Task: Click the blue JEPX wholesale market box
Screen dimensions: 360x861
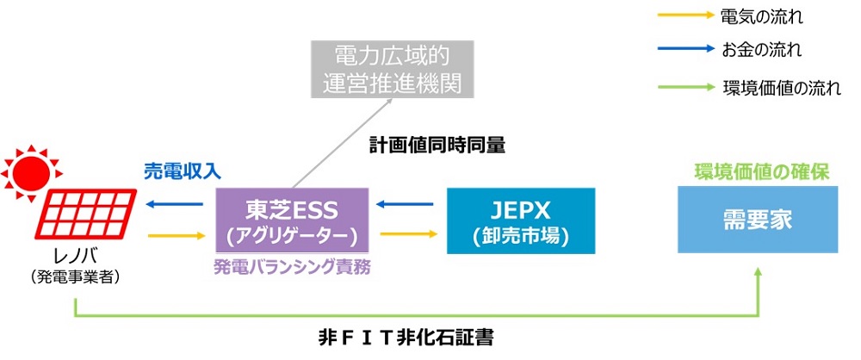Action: pyautogui.click(x=520, y=221)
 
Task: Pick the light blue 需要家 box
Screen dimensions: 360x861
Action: pyautogui.click(x=758, y=221)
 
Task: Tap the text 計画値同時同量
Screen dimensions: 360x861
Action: pyautogui.click(x=437, y=146)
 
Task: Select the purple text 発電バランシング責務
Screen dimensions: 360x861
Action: pyautogui.click(x=293, y=268)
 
